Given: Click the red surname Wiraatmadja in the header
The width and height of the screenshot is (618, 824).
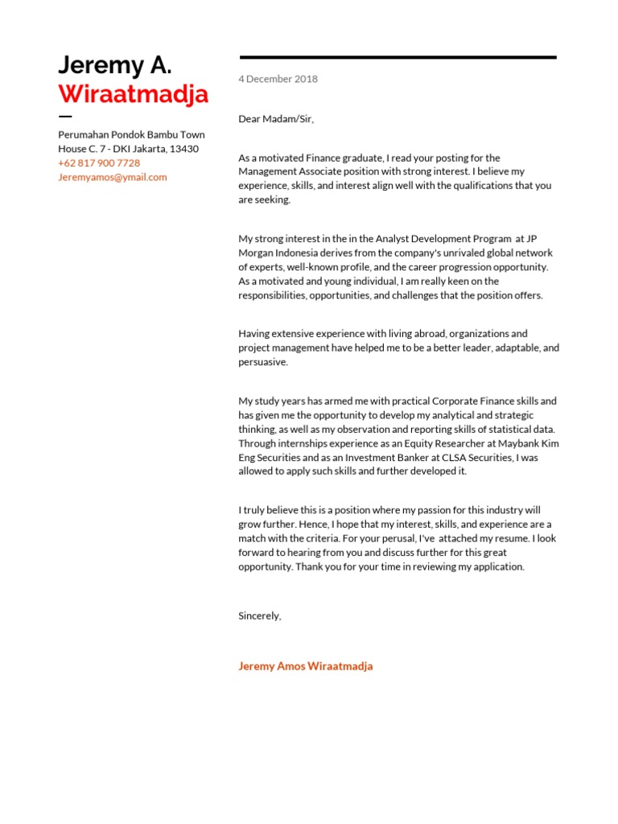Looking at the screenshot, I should coord(133,94).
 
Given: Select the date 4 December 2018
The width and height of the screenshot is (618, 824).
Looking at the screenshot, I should coord(278,79).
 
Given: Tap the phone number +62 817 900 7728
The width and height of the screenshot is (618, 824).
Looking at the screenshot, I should coord(98,163).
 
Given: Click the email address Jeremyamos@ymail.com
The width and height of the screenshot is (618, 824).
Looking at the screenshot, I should coord(112,177).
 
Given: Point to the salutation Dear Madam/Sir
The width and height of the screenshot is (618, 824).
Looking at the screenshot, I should coord(275,119).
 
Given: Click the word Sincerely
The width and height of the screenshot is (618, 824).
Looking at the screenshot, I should coord(259,616).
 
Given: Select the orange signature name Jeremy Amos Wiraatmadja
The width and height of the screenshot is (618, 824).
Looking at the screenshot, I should coord(305,666).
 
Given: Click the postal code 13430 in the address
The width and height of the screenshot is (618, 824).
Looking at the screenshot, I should coord(183,149).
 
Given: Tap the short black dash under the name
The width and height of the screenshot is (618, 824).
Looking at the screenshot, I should coord(65,117).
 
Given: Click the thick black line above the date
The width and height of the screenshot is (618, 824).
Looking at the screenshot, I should coord(398,57).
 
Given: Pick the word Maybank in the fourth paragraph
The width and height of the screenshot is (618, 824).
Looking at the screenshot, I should coord(505,443).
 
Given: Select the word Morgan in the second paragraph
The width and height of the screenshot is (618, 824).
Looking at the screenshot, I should coord(257,253).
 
